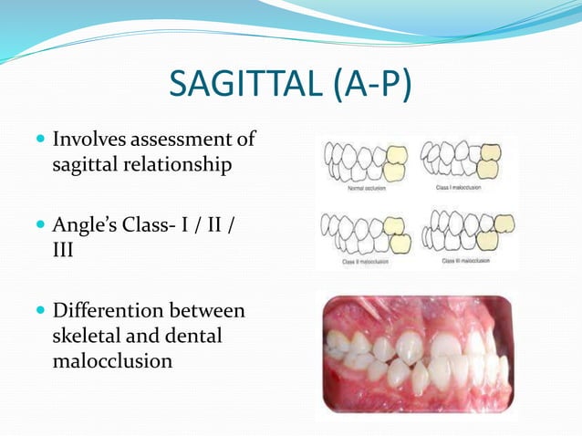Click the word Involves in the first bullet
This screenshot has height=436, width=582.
click(89, 140)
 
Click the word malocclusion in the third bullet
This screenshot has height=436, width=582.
click(112, 360)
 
